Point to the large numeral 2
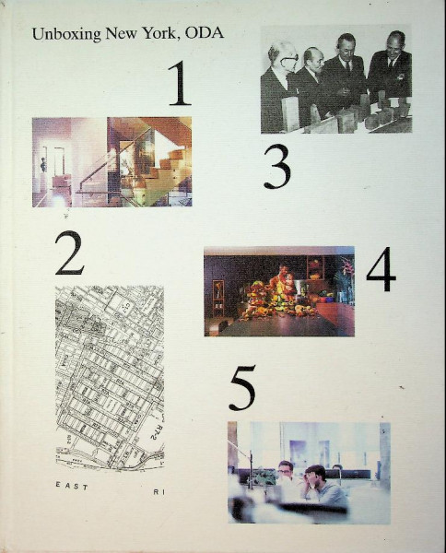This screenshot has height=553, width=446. (69, 253)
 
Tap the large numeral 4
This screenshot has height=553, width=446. (381, 270)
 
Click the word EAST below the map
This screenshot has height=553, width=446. (72, 486)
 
